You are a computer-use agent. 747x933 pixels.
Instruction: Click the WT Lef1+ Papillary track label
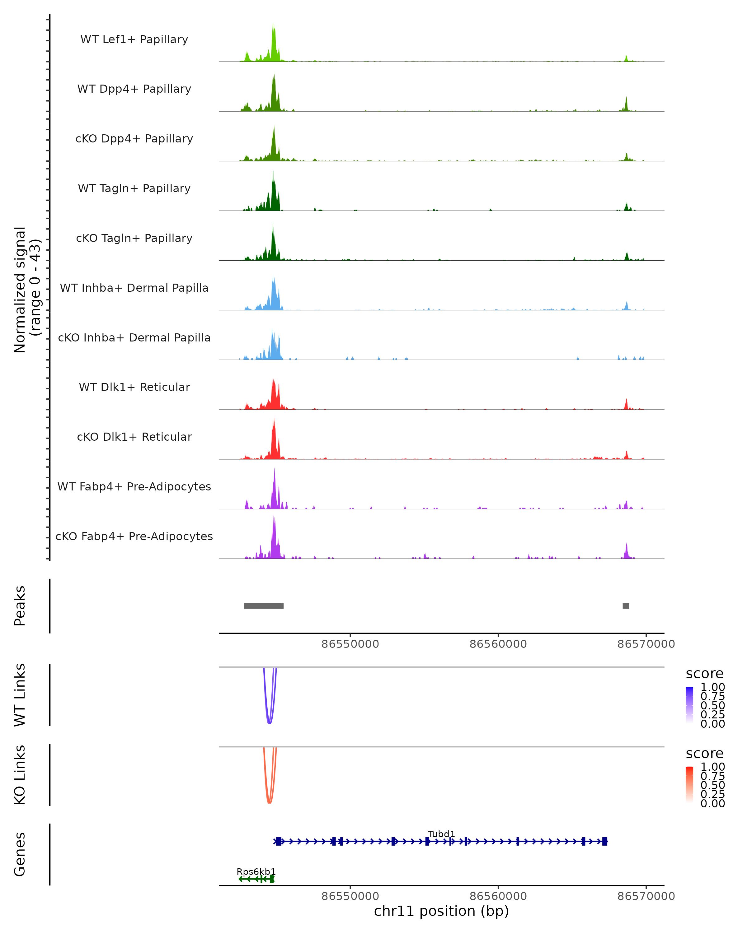[x=134, y=39]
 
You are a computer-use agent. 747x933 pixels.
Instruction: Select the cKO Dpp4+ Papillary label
[x=134, y=138]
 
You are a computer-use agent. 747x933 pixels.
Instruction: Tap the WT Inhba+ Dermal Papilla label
[x=134, y=288]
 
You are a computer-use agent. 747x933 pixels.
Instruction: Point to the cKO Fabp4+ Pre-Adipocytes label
[x=134, y=536]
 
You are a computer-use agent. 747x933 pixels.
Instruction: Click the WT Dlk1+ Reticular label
[x=134, y=387]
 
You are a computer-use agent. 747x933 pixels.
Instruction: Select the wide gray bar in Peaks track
[x=264, y=606]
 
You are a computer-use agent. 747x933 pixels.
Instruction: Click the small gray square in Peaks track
[x=626, y=606]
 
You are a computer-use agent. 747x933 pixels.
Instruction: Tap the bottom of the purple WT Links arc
[x=269, y=723]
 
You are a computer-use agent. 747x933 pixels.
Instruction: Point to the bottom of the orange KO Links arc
[x=269, y=802]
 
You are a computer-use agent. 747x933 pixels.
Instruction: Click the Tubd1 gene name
[x=441, y=834]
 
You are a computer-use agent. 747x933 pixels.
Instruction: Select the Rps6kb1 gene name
[x=256, y=871]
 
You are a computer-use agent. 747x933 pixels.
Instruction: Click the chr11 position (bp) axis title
[x=441, y=911]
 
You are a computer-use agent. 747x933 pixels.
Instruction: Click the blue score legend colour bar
[x=689, y=704]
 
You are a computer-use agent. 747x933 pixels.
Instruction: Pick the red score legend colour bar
[x=689, y=784]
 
